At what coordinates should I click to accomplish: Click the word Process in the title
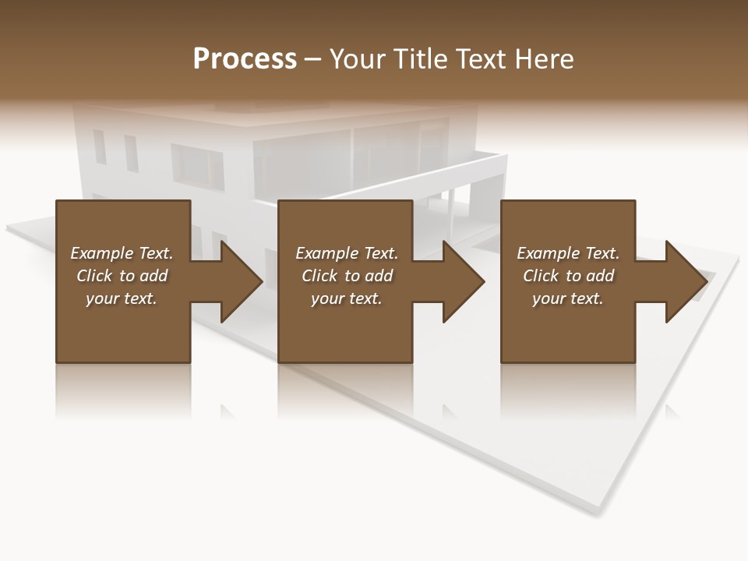[245, 59]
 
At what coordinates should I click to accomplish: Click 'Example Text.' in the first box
[122, 253]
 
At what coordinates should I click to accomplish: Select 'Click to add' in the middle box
[347, 276]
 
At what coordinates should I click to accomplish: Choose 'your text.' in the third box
[568, 298]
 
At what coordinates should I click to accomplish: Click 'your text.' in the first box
[122, 298]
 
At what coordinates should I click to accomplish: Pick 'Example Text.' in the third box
[568, 253]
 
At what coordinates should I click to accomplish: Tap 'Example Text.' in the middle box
[347, 253]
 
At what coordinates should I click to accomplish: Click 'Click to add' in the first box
[122, 276]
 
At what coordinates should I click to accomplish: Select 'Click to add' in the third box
[568, 276]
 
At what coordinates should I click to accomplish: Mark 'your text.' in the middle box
[347, 298]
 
